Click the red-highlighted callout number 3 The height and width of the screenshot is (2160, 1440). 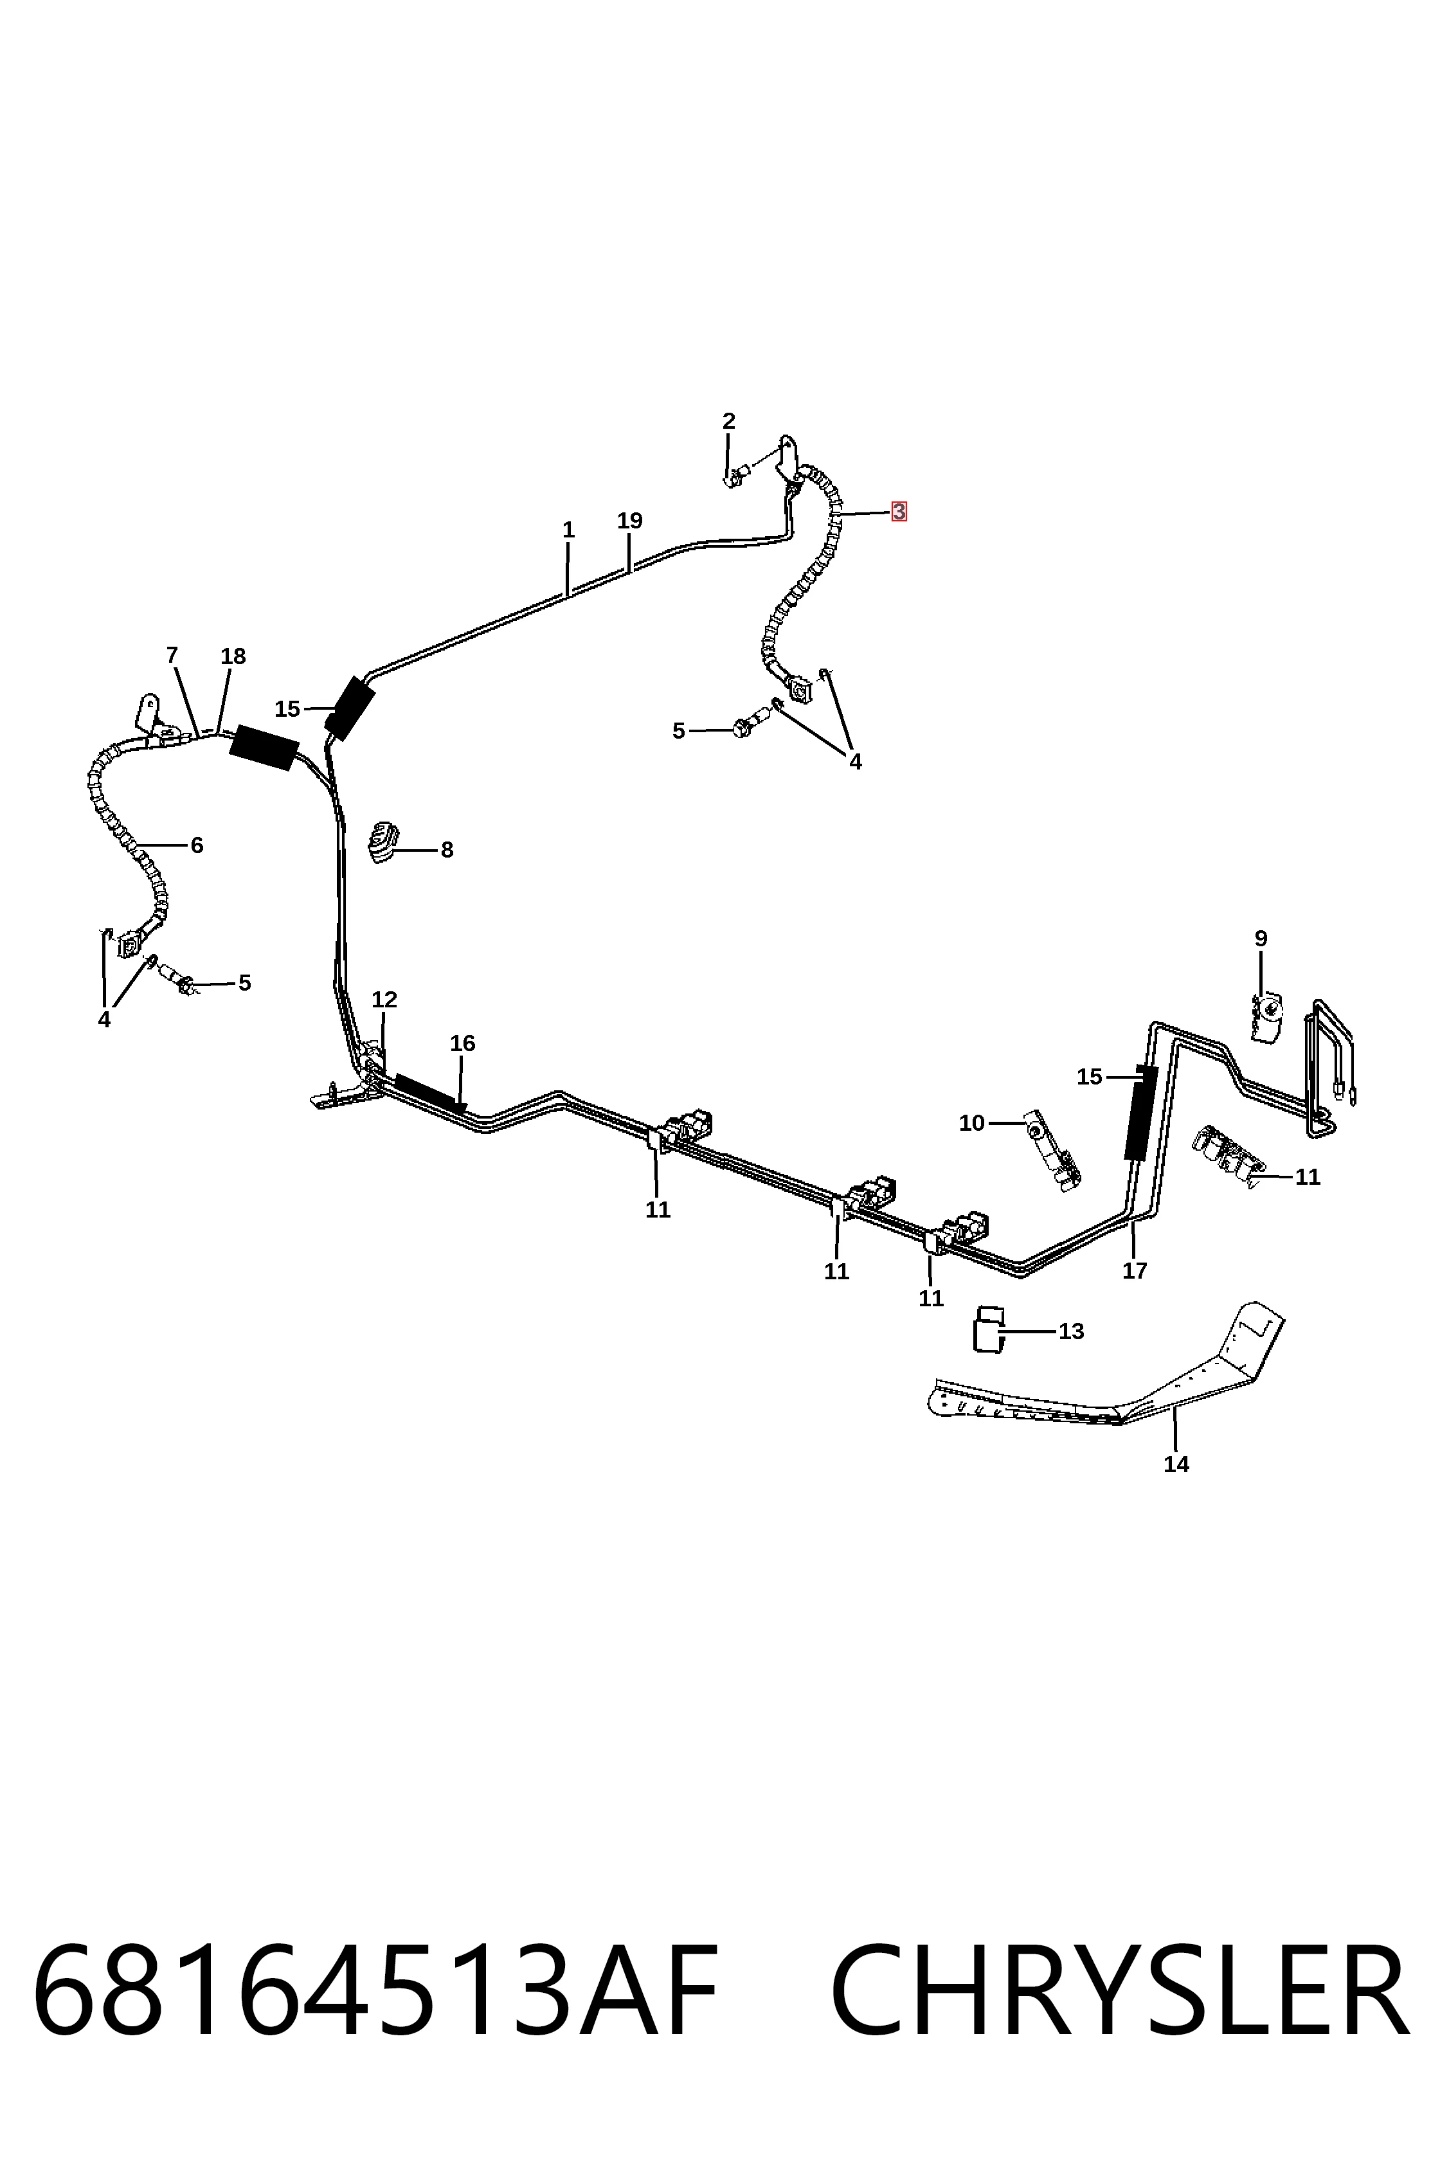coord(898,512)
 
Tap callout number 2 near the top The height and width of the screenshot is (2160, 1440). coord(728,422)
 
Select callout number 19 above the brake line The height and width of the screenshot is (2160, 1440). coord(629,521)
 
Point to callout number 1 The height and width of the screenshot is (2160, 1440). coord(568,530)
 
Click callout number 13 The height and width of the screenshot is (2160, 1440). coord(1072,1331)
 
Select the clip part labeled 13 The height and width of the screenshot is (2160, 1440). coord(988,1328)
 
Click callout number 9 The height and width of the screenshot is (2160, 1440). coord(1261,939)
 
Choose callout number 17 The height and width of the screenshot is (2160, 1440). coord(1135,1271)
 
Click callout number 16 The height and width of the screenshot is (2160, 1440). coord(463,1043)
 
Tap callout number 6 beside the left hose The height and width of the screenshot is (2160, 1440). coord(197,845)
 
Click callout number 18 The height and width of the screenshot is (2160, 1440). coord(233,656)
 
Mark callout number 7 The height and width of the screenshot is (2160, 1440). coord(172,656)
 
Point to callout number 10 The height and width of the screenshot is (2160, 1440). coord(971,1123)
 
